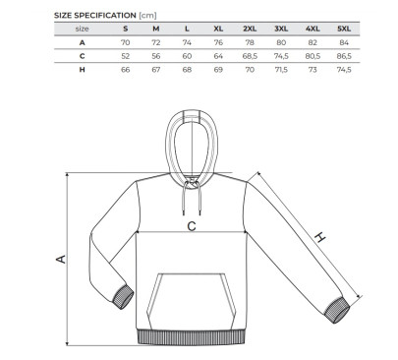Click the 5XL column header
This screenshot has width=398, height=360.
tap(344, 29)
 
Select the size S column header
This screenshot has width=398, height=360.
tap(126, 29)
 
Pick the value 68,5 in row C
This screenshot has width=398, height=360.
tap(250, 56)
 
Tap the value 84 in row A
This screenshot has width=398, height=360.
tap(344, 42)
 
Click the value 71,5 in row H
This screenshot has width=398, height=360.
tap(281, 70)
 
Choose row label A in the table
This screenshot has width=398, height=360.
tap(82, 42)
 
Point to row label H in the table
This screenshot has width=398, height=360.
tap(82, 70)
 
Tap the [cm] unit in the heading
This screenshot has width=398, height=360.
tap(147, 16)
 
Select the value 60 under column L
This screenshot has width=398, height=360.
tap(187, 56)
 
